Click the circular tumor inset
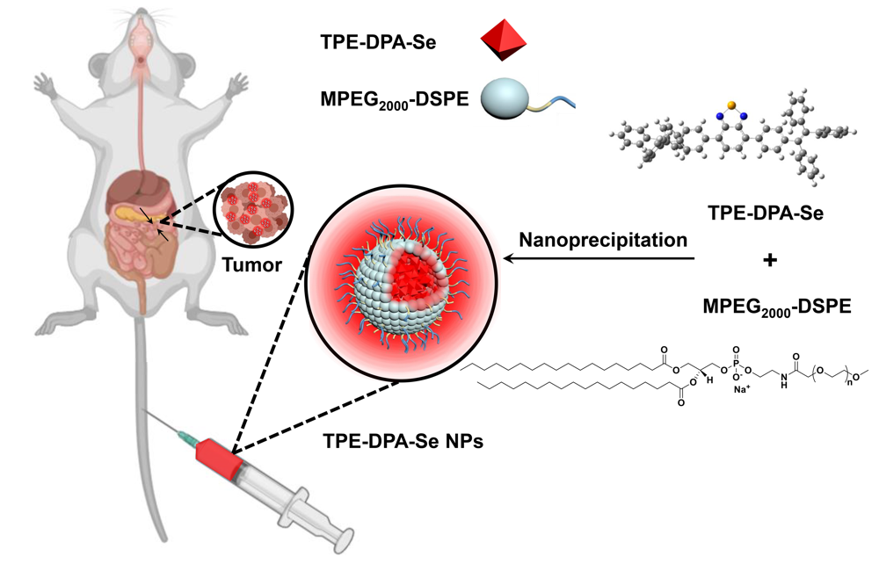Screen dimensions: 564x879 click(254, 212)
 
